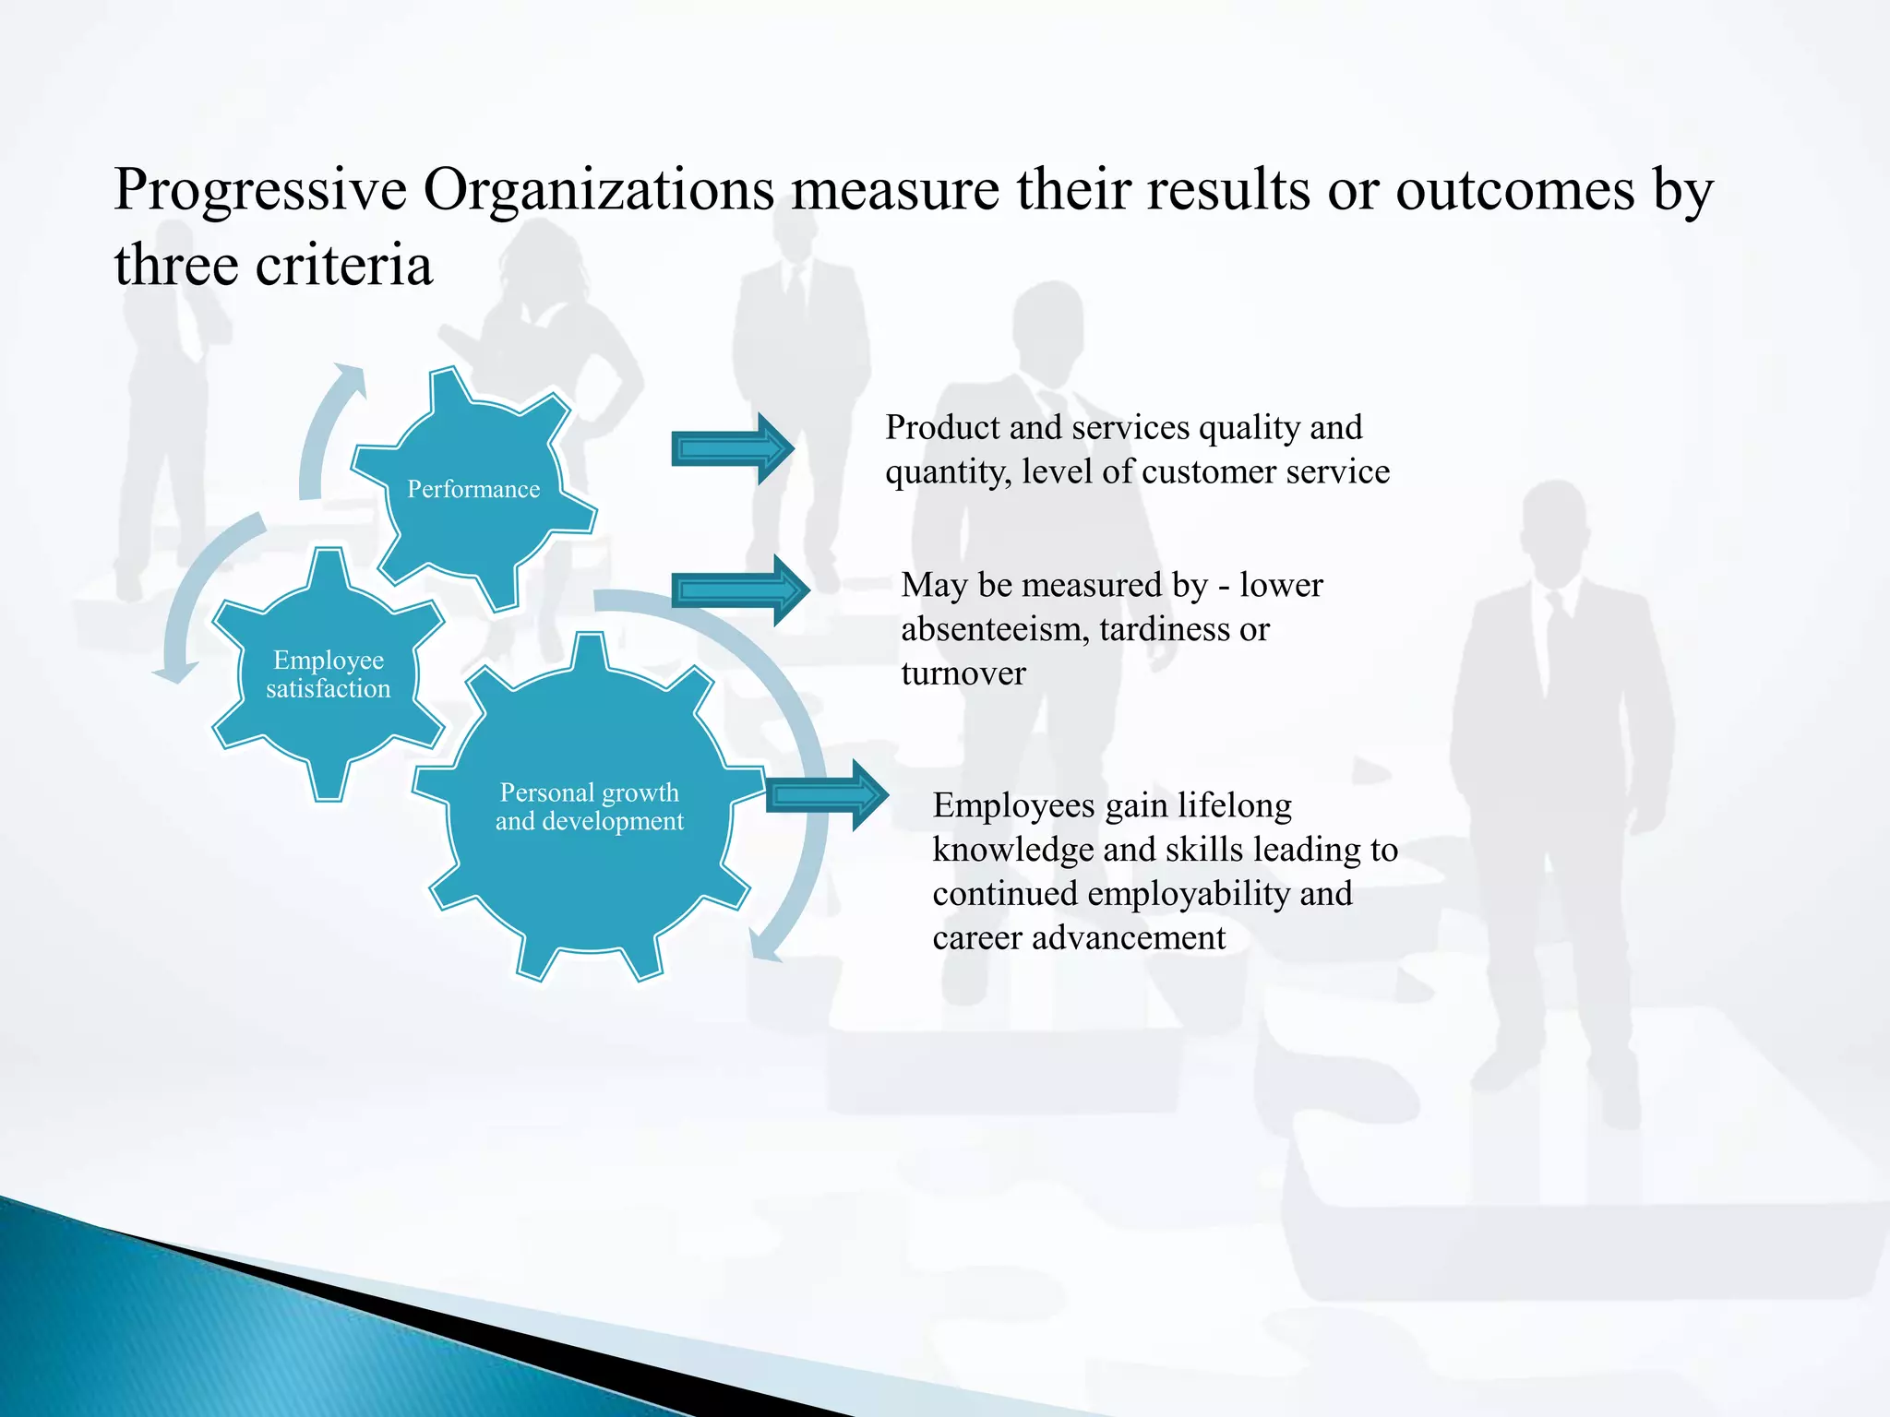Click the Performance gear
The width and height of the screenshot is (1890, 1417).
[x=473, y=488]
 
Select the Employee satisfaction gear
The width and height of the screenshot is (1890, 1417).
[x=328, y=674]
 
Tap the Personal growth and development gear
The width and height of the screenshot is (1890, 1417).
[x=590, y=806]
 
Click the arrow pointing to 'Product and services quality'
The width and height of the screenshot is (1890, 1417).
[x=732, y=449]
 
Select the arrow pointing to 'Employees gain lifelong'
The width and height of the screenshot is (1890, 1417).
[x=826, y=795]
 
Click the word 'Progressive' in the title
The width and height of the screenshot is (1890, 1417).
[x=260, y=190]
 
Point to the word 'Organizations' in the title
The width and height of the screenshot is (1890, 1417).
[x=599, y=190]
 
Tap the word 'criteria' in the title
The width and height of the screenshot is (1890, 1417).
[x=343, y=266]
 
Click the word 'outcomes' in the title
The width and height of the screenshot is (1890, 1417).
[x=1515, y=190]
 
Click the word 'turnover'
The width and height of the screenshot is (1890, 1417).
[x=963, y=674]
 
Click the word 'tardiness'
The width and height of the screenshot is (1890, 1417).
[x=1165, y=630]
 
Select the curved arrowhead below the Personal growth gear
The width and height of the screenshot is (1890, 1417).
[x=765, y=946]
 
